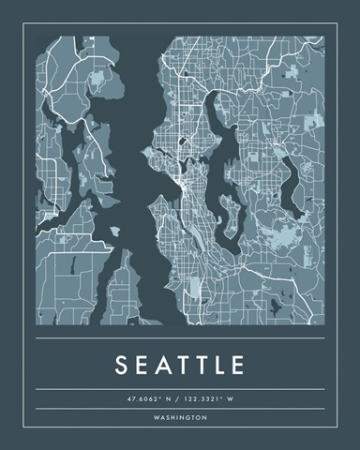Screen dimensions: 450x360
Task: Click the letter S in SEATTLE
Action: (x=123, y=364)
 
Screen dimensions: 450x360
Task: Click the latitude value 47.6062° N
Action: (x=151, y=398)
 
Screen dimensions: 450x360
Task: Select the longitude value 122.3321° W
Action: (x=209, y=398)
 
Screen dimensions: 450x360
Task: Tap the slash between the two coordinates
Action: (x=180, y=398)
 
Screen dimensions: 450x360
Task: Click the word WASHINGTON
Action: (x=180, y=417)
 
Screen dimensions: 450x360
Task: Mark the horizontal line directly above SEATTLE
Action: (x=180, y=338)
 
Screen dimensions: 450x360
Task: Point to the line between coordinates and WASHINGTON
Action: (x=180, y=408)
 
